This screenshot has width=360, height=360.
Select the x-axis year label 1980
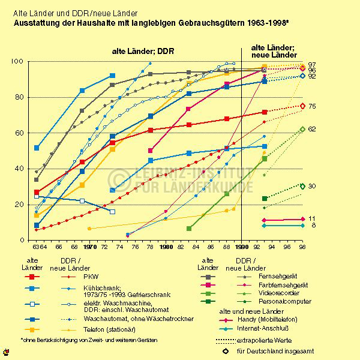166,246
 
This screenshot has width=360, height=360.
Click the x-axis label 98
302,246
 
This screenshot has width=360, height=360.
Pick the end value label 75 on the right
312,106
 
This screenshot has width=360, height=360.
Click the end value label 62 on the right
312,129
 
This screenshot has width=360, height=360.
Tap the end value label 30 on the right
312,187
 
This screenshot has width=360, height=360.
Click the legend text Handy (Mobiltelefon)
277,321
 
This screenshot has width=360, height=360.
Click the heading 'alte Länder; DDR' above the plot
143,52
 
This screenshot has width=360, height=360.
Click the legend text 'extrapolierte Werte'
275,340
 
